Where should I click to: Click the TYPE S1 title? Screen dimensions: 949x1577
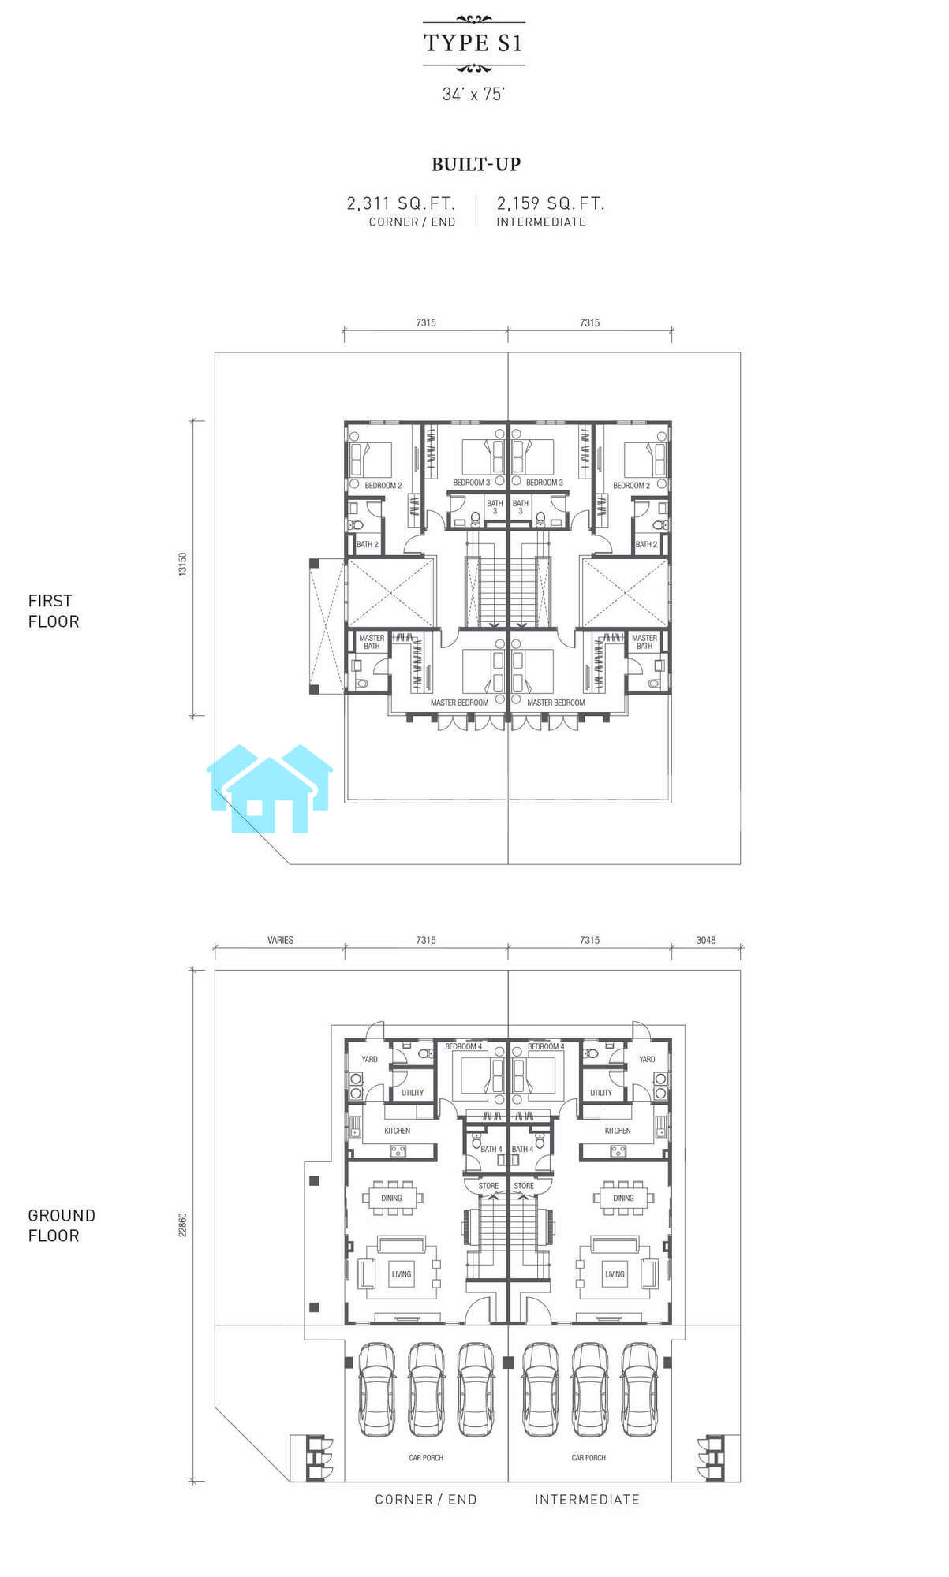pos(473,43)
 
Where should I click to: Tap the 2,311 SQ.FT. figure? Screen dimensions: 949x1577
pos(402,203)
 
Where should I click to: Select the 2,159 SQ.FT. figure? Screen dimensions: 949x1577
pos(551,203)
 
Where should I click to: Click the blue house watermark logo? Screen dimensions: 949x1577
pos(270,788)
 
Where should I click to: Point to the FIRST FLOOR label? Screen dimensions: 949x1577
pos(54,611)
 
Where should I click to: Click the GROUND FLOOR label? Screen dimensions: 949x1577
pos(62,1225)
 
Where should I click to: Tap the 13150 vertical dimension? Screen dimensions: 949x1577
pos(183,564)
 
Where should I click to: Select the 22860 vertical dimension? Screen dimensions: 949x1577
pos(183,1225)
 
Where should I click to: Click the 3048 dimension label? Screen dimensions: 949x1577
pos(706,940)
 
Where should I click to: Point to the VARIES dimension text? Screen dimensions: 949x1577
pos(280,940)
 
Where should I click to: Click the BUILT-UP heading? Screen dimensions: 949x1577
pos(476,164)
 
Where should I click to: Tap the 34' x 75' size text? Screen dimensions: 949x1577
pos(473,94)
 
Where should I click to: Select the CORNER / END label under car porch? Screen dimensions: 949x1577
pos(426,1500)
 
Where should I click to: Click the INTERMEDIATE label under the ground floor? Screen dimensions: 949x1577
pos(588,1500)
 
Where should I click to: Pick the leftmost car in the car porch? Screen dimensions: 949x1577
pos(376,1389)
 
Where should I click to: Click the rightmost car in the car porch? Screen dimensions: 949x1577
pos(639,1389)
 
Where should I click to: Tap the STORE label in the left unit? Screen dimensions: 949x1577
pos(488,1186)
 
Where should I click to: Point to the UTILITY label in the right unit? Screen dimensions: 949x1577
pos(601,1093)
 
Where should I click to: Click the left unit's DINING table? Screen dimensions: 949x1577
pos(392,1198)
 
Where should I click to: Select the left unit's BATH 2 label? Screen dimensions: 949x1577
pos(368,544)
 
